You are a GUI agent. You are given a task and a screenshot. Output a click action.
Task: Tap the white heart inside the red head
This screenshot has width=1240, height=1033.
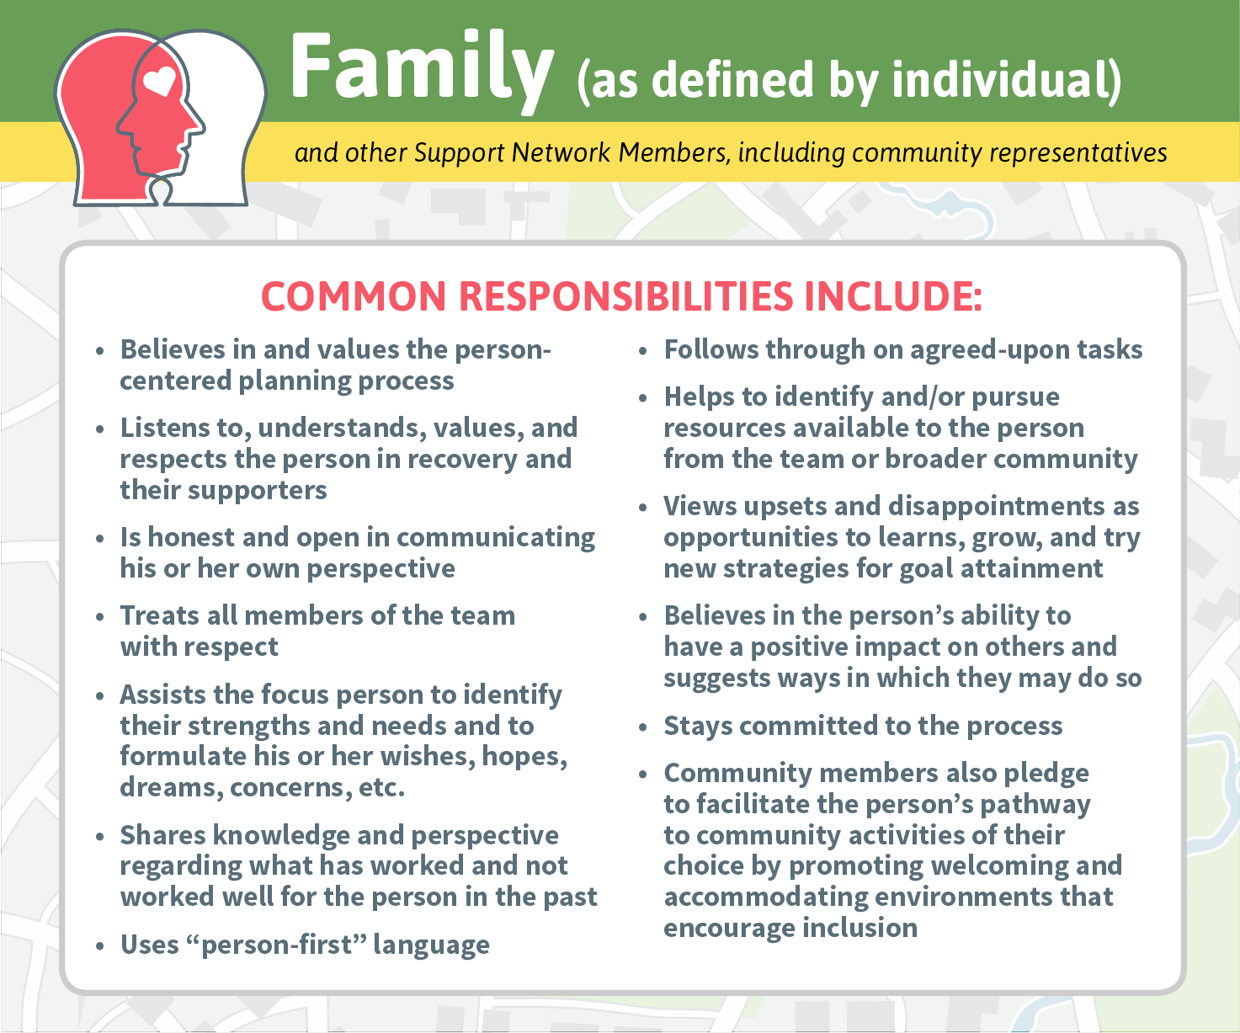(160, 82)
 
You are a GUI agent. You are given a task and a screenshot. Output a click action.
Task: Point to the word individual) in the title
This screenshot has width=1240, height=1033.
(1007, 80)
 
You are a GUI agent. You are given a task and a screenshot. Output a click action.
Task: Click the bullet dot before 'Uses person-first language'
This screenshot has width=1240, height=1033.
(100, 945)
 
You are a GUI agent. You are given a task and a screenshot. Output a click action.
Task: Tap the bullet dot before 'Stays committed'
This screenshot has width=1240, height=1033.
(643, 727)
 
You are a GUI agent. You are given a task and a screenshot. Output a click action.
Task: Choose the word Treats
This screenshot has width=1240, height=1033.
(160, 615)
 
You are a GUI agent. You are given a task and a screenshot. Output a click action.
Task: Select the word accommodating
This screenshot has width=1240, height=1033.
(766, 897)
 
